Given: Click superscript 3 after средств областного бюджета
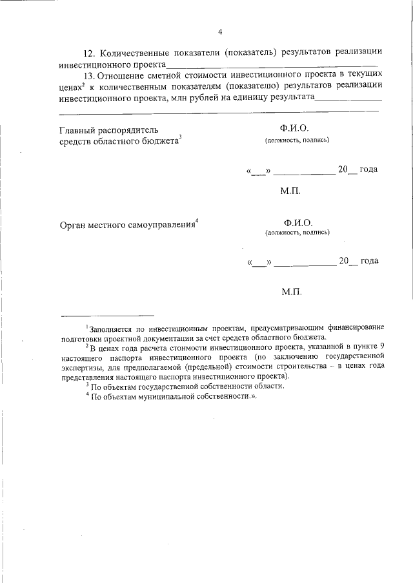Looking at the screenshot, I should [x=181, y=137].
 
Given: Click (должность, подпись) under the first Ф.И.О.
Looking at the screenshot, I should [x=297, y=140].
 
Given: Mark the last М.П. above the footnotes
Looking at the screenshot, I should [x=291, y=292].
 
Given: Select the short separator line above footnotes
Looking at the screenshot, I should [x=107, y=316].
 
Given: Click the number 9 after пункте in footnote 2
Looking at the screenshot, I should [x=382, y=346].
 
